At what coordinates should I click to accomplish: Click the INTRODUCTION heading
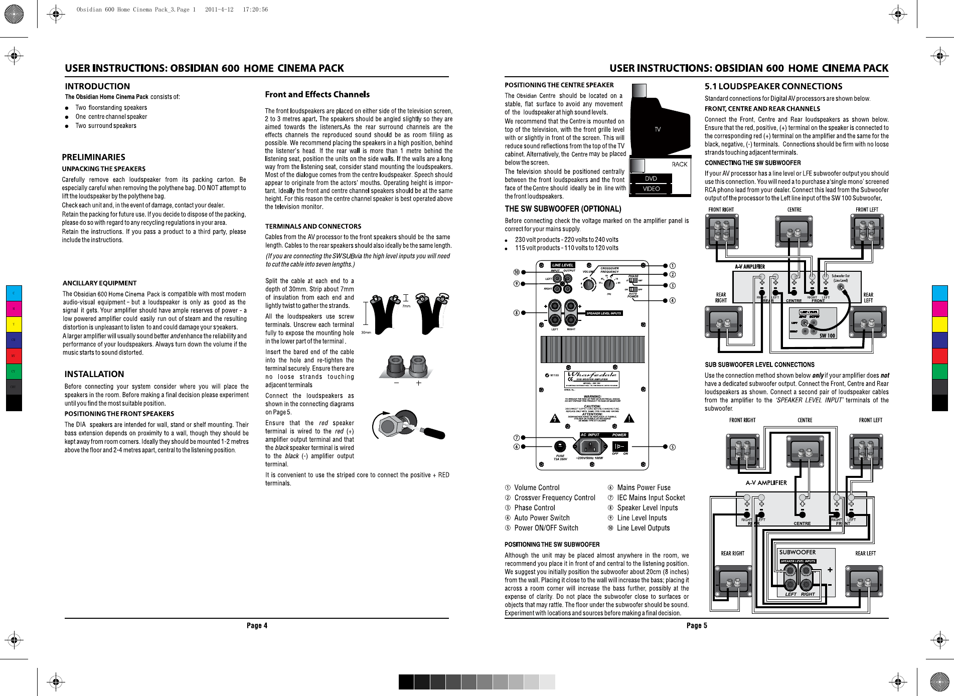tap(97, 86)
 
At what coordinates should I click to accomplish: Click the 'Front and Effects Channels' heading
tap(317, 94)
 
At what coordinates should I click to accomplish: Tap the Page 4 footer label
tap(257, 625)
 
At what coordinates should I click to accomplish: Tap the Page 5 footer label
tap(697, 625)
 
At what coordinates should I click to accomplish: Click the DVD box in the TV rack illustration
tap(651, 179)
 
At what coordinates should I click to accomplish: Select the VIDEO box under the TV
tap(651, 189)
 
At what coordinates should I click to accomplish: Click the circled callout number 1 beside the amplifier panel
tap(673, 266)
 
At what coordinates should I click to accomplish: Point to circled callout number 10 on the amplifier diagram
tap(517, 272)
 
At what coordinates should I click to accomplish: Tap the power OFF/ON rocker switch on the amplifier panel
tap(619, 446)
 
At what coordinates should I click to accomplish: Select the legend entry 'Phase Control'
tap(534, 507)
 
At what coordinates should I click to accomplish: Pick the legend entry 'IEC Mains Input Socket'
tap(651, 497)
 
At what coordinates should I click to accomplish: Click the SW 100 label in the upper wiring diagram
tap(827, 335)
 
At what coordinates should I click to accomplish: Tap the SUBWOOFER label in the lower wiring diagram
tap(797, 552)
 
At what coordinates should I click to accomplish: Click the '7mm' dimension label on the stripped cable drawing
tap(406, 306)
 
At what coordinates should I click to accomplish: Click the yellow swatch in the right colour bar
tap(939, 324)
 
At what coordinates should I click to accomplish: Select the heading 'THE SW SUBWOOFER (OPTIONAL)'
tap(563, 209)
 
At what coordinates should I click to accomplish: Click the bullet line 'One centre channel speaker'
tap(111, 116)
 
